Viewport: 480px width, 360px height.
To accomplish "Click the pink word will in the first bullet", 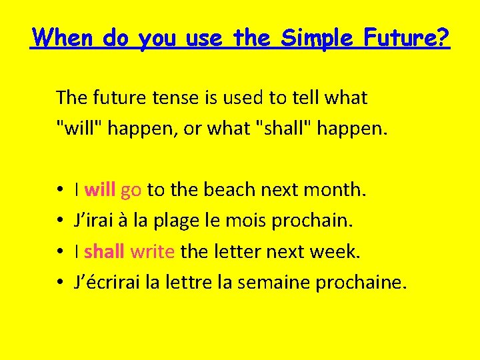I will coord(100,190).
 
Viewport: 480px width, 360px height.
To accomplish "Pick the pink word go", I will coord(131,191).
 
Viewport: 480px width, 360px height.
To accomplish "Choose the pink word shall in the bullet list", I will coord(105,251).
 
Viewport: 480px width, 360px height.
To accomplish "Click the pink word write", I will coord(153,251).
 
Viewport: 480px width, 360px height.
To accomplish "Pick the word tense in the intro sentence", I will coord(173,98).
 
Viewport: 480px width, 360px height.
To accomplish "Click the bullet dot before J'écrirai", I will coord(60,283).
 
